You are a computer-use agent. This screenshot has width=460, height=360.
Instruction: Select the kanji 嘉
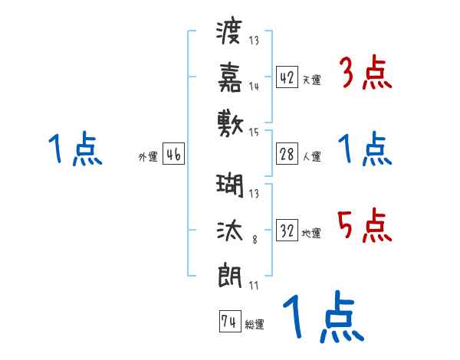(230, 77)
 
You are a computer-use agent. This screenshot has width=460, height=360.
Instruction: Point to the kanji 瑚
(230, 186)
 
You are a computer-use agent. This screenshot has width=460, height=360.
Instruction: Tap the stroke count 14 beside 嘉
(253, 87)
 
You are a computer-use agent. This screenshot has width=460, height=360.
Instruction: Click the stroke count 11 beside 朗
(253, 286)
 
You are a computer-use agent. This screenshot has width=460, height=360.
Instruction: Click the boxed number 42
(287, 77)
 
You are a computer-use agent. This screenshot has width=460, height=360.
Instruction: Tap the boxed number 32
(287, 231)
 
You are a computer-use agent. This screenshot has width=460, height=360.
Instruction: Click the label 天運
(311, 79)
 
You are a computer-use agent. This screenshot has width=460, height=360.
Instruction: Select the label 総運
(254, 324)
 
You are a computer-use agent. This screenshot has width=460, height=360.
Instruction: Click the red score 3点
(365, 74)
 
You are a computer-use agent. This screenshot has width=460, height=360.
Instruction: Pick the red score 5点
(365, 224)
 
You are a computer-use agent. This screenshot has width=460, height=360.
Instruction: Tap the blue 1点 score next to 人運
(365, 149)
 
